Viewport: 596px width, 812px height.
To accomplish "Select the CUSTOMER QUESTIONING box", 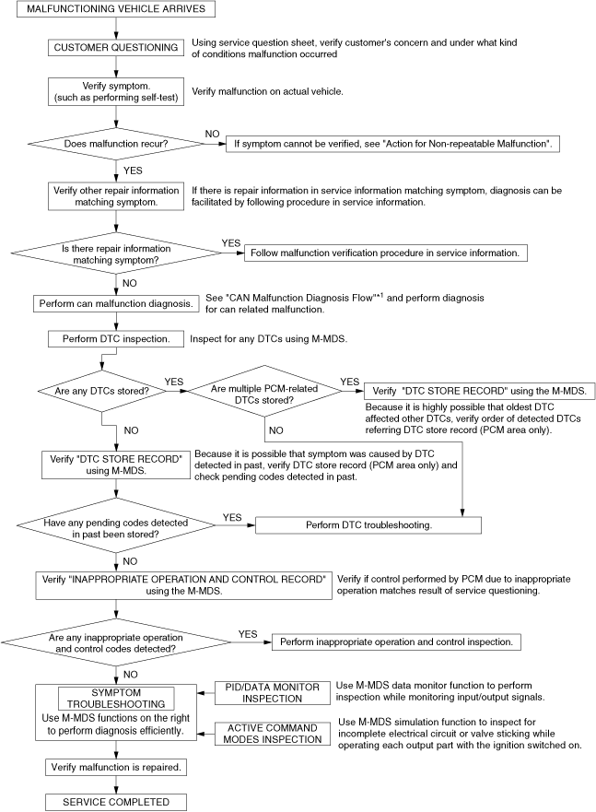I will click(116, 47).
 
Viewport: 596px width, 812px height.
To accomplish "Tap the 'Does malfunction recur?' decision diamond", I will click(116, 144).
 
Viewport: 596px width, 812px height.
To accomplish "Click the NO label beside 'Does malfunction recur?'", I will click(211, 135).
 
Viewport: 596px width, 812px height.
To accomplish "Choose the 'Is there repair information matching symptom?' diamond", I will click(116, 253).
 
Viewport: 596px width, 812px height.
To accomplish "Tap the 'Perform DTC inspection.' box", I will click(115, 338).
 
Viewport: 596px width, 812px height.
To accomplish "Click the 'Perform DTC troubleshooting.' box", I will click(368, 524).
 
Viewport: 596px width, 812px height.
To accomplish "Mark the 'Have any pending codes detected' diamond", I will click(114, 524).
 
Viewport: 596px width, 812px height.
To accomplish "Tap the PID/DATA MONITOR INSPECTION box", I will click(273, 692).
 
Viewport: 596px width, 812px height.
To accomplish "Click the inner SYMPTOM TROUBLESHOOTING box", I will click(116, 700).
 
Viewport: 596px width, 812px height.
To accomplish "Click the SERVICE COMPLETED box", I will click(116, 801).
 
